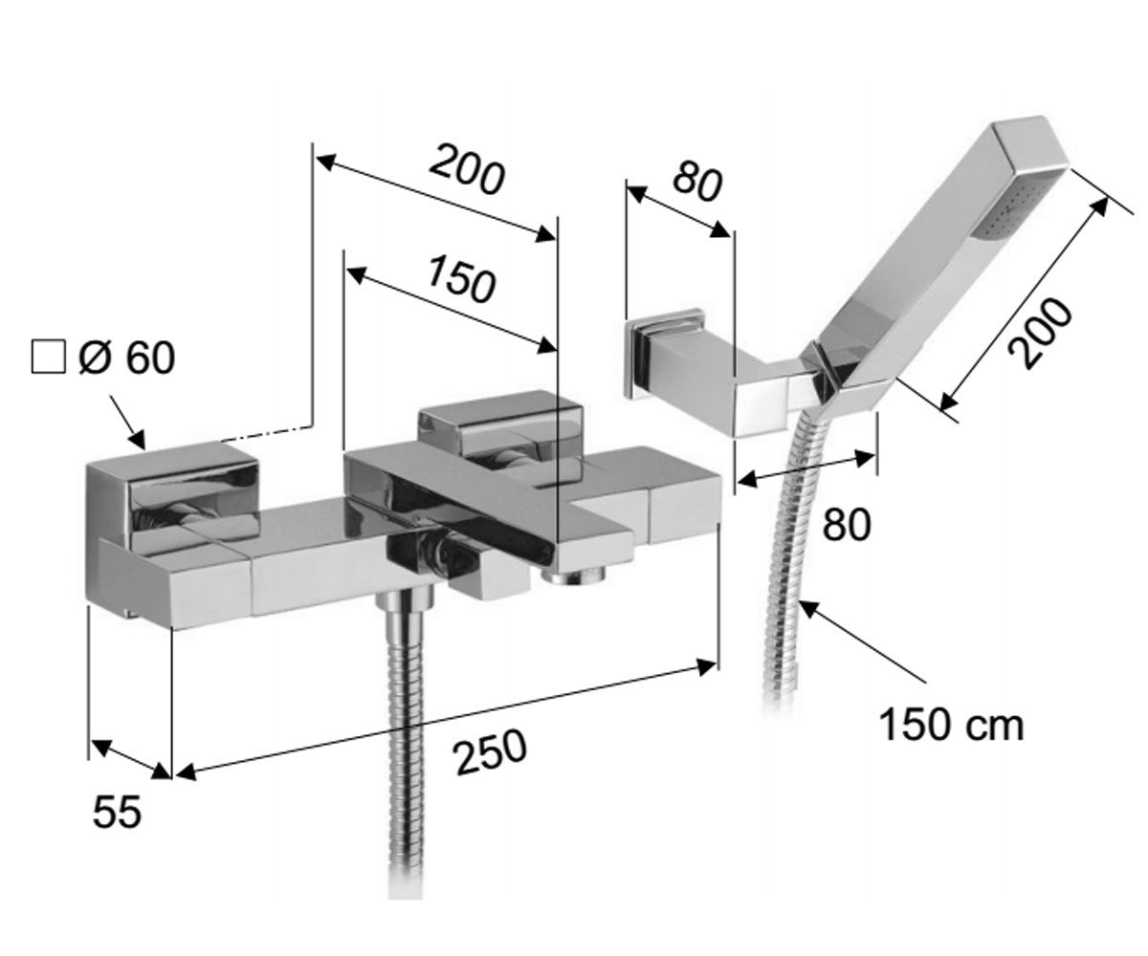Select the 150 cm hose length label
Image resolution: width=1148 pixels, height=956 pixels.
[x=952, y=726]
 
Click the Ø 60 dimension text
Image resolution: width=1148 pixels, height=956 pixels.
[x=127, y=358]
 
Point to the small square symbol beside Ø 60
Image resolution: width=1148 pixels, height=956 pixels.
[x=49, y=358]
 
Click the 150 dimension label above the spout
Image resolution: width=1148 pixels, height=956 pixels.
[x=461, y=280]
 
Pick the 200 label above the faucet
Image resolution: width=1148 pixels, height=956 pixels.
[x=466, y=169]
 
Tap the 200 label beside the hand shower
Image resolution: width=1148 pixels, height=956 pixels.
[x=1040, y=333]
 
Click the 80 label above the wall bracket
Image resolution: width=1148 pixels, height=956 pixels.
[x=696, y=181]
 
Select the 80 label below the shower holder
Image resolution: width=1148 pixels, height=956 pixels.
[x=847, y=524]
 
